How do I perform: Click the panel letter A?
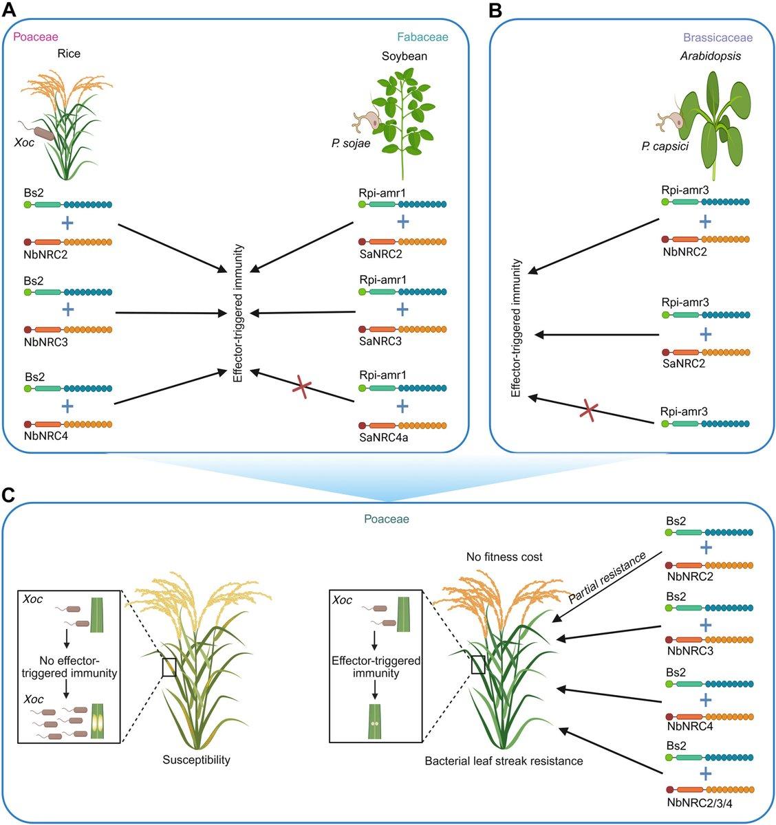coord(11,10)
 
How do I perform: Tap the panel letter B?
coord(495,10)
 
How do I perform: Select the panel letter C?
coord(11,494)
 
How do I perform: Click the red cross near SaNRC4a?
coord(301,386)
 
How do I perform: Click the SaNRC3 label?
coord(378,342)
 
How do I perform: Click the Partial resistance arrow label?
coord(607,577)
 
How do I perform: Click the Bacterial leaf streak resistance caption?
coord(504,761)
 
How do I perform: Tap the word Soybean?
coord(405,56)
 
